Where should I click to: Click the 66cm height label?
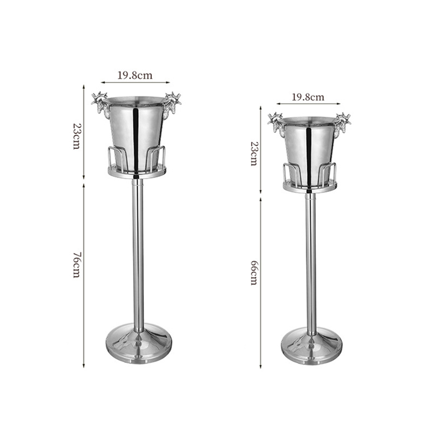tap(253, 272)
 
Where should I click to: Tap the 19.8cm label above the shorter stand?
tap(308, 97)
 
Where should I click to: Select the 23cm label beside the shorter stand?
tap(253, 154)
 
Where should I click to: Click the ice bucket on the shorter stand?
tap(309, 146)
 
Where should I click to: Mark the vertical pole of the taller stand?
tap(138, 248)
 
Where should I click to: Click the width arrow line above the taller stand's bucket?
tap(135, 83)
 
